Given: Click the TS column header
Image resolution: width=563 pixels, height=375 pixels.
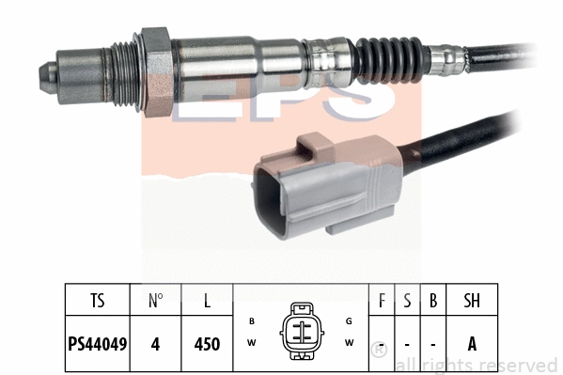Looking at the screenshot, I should (98, 302).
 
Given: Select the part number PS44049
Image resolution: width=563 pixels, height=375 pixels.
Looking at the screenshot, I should (98, 344).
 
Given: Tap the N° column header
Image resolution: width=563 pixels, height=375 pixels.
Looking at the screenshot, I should (156, 302).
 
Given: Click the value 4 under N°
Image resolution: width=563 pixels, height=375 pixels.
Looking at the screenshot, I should (156, 344).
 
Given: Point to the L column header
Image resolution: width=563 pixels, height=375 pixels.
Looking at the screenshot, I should (206, 302).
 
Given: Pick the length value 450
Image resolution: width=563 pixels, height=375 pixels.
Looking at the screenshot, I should (206, 344).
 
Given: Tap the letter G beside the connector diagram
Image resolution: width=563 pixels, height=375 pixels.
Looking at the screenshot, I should (349, 321).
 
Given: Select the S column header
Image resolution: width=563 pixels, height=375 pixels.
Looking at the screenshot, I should (407, 302).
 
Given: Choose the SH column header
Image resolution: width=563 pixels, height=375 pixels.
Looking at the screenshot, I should (472, 302).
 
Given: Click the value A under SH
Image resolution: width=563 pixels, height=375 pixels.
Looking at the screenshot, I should (472, 344).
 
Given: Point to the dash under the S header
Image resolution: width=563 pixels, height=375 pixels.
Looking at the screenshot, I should (407, 344).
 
